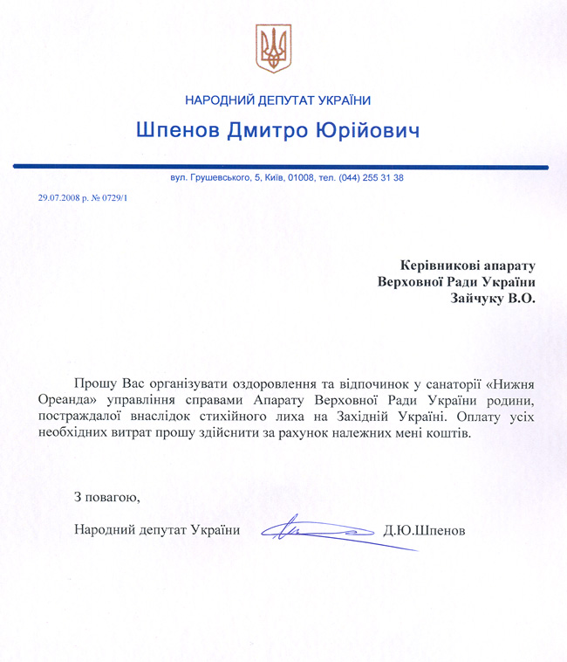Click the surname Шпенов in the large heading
(x=180, y=131)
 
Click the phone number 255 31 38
(x=382, y=177)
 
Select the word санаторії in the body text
(x=454, y=383)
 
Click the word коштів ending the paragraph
(x=450, y=433)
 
